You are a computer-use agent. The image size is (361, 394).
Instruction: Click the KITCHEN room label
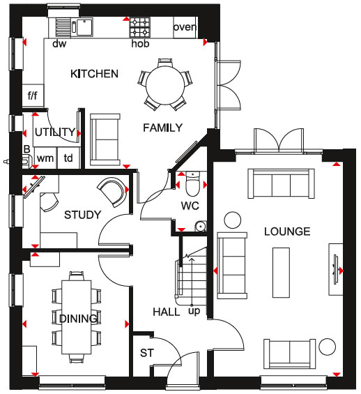click(94, 74)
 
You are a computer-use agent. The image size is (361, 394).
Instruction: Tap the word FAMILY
click(162, 128)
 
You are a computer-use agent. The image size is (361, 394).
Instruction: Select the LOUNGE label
click(287, 232)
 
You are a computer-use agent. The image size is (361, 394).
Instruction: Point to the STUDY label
click(83, 215)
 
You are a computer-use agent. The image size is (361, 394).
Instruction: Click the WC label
click(190, 206)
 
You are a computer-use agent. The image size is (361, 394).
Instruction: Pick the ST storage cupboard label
click(147, 353)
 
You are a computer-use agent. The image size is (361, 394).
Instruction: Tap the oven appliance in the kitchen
click(185, 28)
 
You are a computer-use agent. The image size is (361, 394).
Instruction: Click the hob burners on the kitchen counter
click(139, 27)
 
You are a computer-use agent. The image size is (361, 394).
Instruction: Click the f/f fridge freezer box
click(33, 96)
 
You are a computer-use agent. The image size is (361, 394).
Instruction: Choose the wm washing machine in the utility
click(45, 158)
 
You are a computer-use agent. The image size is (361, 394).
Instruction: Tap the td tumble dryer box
click(68, 158)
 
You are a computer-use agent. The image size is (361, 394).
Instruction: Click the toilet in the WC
click(192, 183)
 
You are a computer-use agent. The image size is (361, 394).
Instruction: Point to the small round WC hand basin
click(200, 226)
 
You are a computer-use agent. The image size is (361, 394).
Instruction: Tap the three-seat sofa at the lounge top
click(281, 183)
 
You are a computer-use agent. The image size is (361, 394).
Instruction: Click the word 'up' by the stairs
click(194, 311)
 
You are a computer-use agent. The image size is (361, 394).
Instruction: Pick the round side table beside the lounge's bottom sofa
click(327, 347)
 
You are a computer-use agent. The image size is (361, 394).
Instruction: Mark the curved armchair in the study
click(112, 192)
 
